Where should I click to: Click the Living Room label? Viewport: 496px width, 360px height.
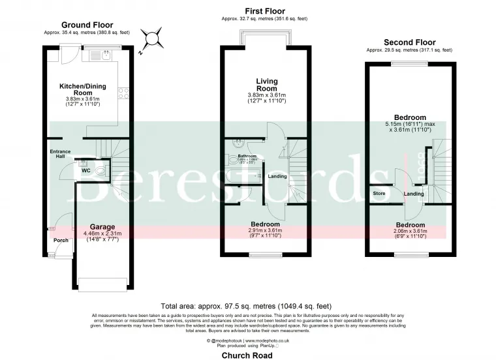(x=266, y=85)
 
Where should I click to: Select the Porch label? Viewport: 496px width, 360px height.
(x=60, y=240)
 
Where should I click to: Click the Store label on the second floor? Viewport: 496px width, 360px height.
(x=379, y=194)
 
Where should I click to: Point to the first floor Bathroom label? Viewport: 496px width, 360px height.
(x=247, y=157)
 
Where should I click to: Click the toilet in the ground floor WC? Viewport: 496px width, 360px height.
(x=99, y=170)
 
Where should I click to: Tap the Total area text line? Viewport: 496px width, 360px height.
(x=247, y=305)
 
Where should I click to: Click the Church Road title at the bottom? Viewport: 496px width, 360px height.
(x=247, y=355)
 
